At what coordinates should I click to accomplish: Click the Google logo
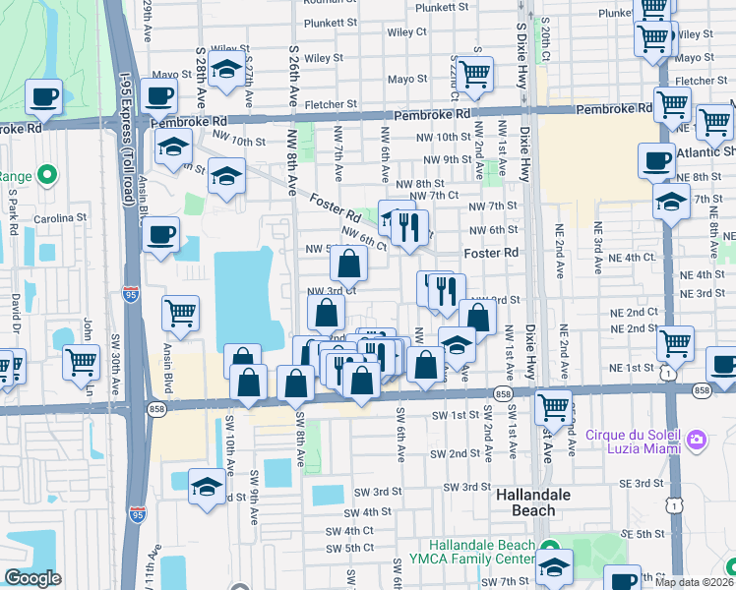tap(32, 579)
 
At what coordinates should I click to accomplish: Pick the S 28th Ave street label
tap(201, 77)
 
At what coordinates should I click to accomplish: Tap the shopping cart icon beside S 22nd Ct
tap(475, 75)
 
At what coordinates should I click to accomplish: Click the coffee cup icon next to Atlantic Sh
tap(656, 160)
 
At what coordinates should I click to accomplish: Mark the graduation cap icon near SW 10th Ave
tap(207, 489)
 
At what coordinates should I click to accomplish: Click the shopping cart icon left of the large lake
tap(181, 315)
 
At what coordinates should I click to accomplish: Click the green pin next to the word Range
tap(48, 176)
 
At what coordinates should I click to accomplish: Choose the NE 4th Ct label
tap(631, 258)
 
